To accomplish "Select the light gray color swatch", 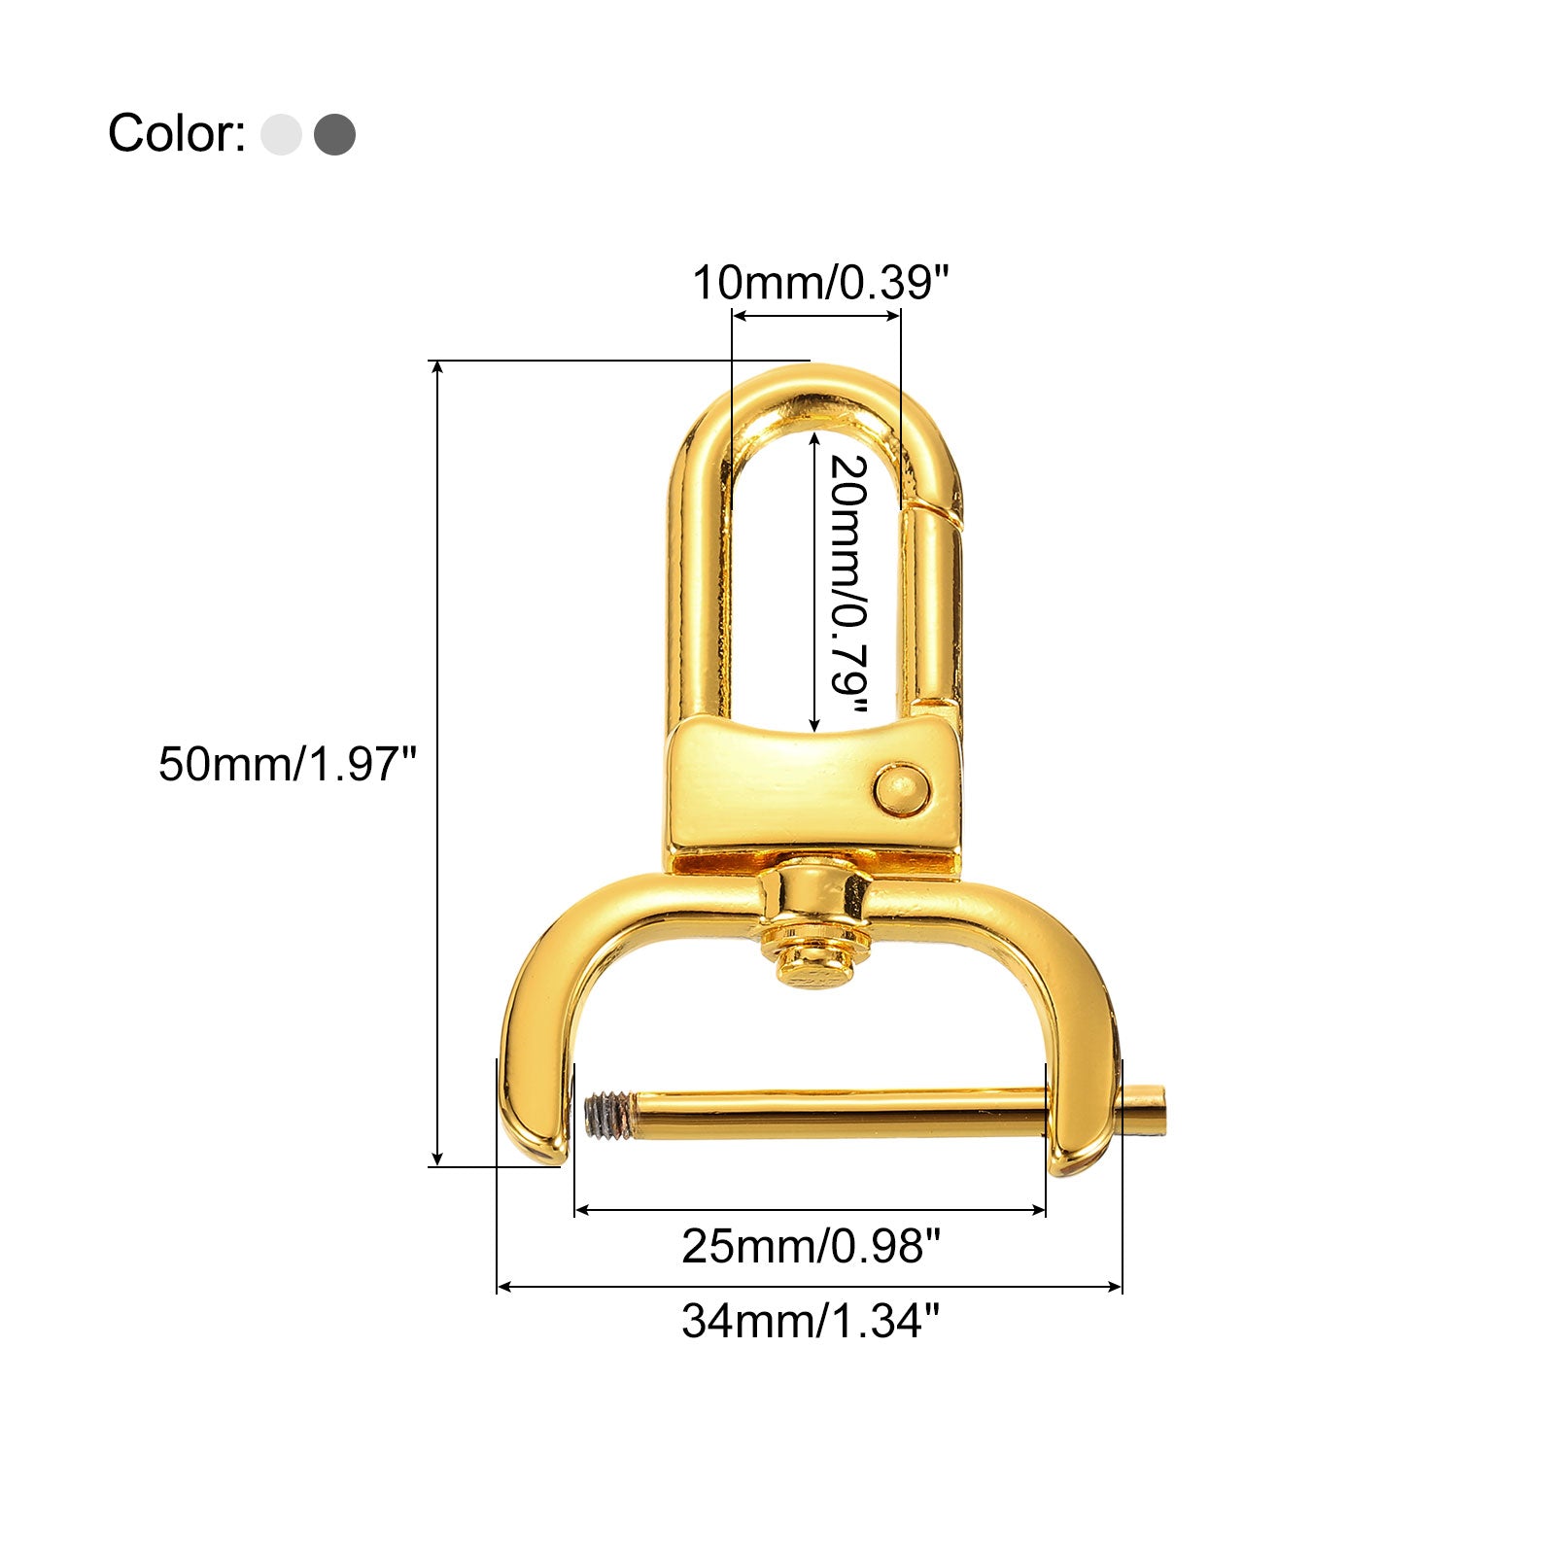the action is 281,134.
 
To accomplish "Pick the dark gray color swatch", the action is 334,134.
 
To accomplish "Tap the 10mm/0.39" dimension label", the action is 818,283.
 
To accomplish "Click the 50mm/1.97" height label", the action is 288,764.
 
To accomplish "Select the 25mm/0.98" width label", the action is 812,1246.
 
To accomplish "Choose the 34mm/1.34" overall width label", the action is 812,1321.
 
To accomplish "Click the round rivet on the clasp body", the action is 901,789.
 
